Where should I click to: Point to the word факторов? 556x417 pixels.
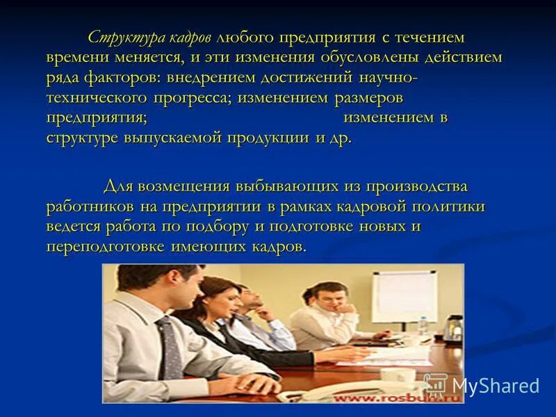pyautogui.click(x=121, y=77)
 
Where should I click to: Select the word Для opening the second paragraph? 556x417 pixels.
pyautogui.click(x=118, y=186)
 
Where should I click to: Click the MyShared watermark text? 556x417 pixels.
pyautogui.click(x=495, y=386)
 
